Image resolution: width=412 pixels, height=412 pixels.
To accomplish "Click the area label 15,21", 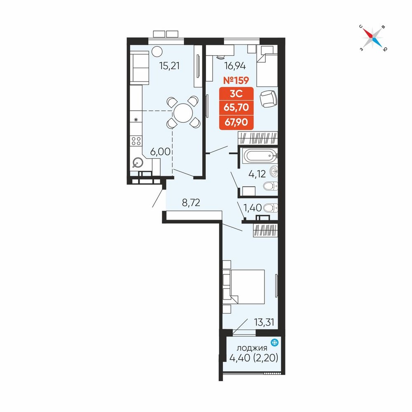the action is pyautogui.click(x=169, y=66).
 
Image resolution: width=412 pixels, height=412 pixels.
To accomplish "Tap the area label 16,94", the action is pyautogui.click(x=235, y=66).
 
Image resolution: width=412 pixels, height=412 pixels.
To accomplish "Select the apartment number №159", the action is pyautogui.click(x=236, y=80).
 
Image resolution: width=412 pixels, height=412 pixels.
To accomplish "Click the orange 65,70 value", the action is pyautogui.click(x=236, y=107).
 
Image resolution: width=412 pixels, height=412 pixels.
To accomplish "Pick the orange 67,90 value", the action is pyautogui.click(x=236, y=122).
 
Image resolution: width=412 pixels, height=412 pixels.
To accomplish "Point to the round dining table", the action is pyautogui.click(x=183, y=113).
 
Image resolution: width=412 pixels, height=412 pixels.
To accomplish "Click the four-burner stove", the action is pyautogui.click(x=136, y=141).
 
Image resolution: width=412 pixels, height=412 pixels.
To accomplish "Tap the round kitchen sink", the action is pyautogui.click(x=138, y=163).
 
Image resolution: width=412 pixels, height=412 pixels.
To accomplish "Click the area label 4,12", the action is pyautogui.click(x=257, y=174).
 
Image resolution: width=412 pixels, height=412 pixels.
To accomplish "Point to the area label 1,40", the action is pyautogui.click(x=253, y=208).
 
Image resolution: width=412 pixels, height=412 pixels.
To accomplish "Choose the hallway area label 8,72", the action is pyautogui.click(x=191, y=202).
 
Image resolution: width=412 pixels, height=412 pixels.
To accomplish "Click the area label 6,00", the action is pyautogui.click(x=160, y=152).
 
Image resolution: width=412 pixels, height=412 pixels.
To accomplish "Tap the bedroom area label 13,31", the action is pyautogui.click(x=264, y=322).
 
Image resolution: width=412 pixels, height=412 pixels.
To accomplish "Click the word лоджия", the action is pyautogui.click(x=252, y=349).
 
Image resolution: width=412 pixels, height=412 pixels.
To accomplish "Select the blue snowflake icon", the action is pyautogui.click(x=274, y=342).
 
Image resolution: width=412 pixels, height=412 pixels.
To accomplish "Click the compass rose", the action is pyautogui.click(x=372, y=38).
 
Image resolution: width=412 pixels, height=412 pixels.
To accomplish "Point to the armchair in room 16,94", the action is pyautogui.click(x=268, y=99).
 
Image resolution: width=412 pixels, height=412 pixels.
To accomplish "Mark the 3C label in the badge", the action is pyautogui.click(x=236, y=93).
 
